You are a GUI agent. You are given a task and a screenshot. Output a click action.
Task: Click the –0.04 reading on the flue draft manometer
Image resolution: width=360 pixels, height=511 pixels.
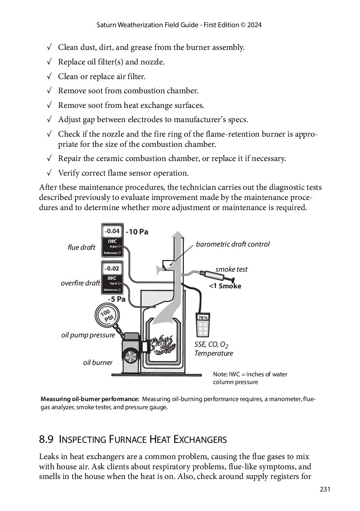[112, 231]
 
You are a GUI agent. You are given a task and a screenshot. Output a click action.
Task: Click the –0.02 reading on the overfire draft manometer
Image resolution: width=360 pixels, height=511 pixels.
[112, 268]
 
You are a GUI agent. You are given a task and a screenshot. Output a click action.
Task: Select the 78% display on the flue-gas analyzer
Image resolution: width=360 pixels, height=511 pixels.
[203, 318]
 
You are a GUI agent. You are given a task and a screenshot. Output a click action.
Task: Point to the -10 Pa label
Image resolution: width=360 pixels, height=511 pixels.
[137, 232]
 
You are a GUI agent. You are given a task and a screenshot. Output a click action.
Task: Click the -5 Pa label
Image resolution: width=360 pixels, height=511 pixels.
[116, 299]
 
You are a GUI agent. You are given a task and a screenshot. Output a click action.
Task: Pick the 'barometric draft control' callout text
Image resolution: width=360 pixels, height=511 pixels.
[233, 244]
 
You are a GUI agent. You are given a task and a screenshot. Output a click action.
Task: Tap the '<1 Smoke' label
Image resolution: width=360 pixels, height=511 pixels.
[225, 286]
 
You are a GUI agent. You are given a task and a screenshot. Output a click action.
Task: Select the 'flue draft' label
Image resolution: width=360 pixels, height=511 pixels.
[81, 247]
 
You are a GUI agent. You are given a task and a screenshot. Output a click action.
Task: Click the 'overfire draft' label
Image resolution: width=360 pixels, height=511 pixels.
[80, 283]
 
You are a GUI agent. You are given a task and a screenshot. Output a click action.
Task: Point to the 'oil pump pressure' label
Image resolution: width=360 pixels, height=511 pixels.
[88, 335]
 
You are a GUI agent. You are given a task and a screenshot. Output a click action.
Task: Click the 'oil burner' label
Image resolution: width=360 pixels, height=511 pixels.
[97, 363]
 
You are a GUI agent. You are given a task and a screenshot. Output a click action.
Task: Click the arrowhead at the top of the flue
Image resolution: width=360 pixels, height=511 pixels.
[177, 236]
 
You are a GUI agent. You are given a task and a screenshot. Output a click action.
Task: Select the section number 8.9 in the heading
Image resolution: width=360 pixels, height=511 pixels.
[46, 439]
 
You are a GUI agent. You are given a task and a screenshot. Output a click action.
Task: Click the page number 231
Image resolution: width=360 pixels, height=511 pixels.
[325, 490]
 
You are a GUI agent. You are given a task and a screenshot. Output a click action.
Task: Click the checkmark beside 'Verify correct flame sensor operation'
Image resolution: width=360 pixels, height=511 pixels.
[49, 173]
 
